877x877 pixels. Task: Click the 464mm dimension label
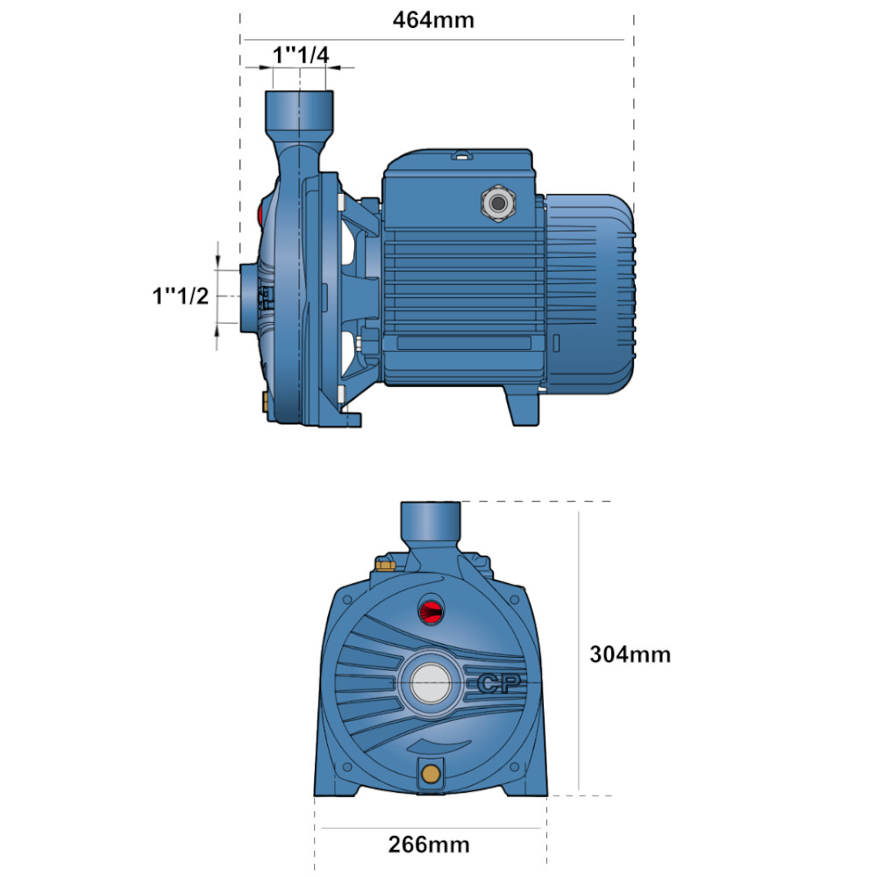[x=433, y=20]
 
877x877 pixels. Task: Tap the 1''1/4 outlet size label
[x=301, y=54]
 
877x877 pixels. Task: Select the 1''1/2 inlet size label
[x=180, y=296]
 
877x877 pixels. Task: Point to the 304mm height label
[x=631, y=654]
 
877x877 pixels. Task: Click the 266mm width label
[x=429, y=845]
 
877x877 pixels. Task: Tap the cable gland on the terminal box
[x=498, y=203]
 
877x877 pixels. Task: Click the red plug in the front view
[x=431, y=610]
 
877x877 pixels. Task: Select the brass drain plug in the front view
[x=431, y=774]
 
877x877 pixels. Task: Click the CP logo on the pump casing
[x=500, y=683]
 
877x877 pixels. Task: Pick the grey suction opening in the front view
[x=431, y=683]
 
